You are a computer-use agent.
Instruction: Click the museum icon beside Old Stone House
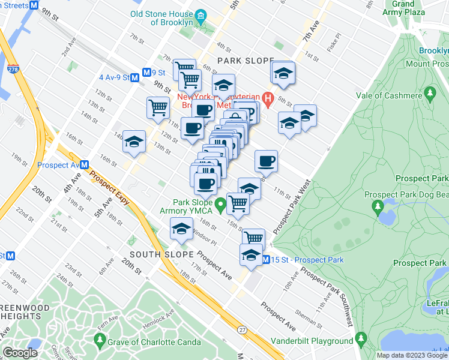coord(201,15)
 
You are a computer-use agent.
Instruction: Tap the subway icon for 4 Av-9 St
coord(136,76)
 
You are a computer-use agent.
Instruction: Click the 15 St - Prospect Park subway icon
coord(267,260)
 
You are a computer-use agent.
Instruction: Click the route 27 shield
coord(242,329)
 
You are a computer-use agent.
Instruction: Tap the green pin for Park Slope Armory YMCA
coord(220,205)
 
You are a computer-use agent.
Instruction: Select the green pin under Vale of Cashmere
coord(430,93)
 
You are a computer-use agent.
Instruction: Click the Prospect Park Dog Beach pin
coord(378,208)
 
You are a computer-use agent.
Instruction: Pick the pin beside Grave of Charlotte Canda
coord(99,343)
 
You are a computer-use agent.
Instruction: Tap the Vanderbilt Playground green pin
coord(361,338)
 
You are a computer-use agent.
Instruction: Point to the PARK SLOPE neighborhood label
coord(241,61)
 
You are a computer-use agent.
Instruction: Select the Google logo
coord(20,353)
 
